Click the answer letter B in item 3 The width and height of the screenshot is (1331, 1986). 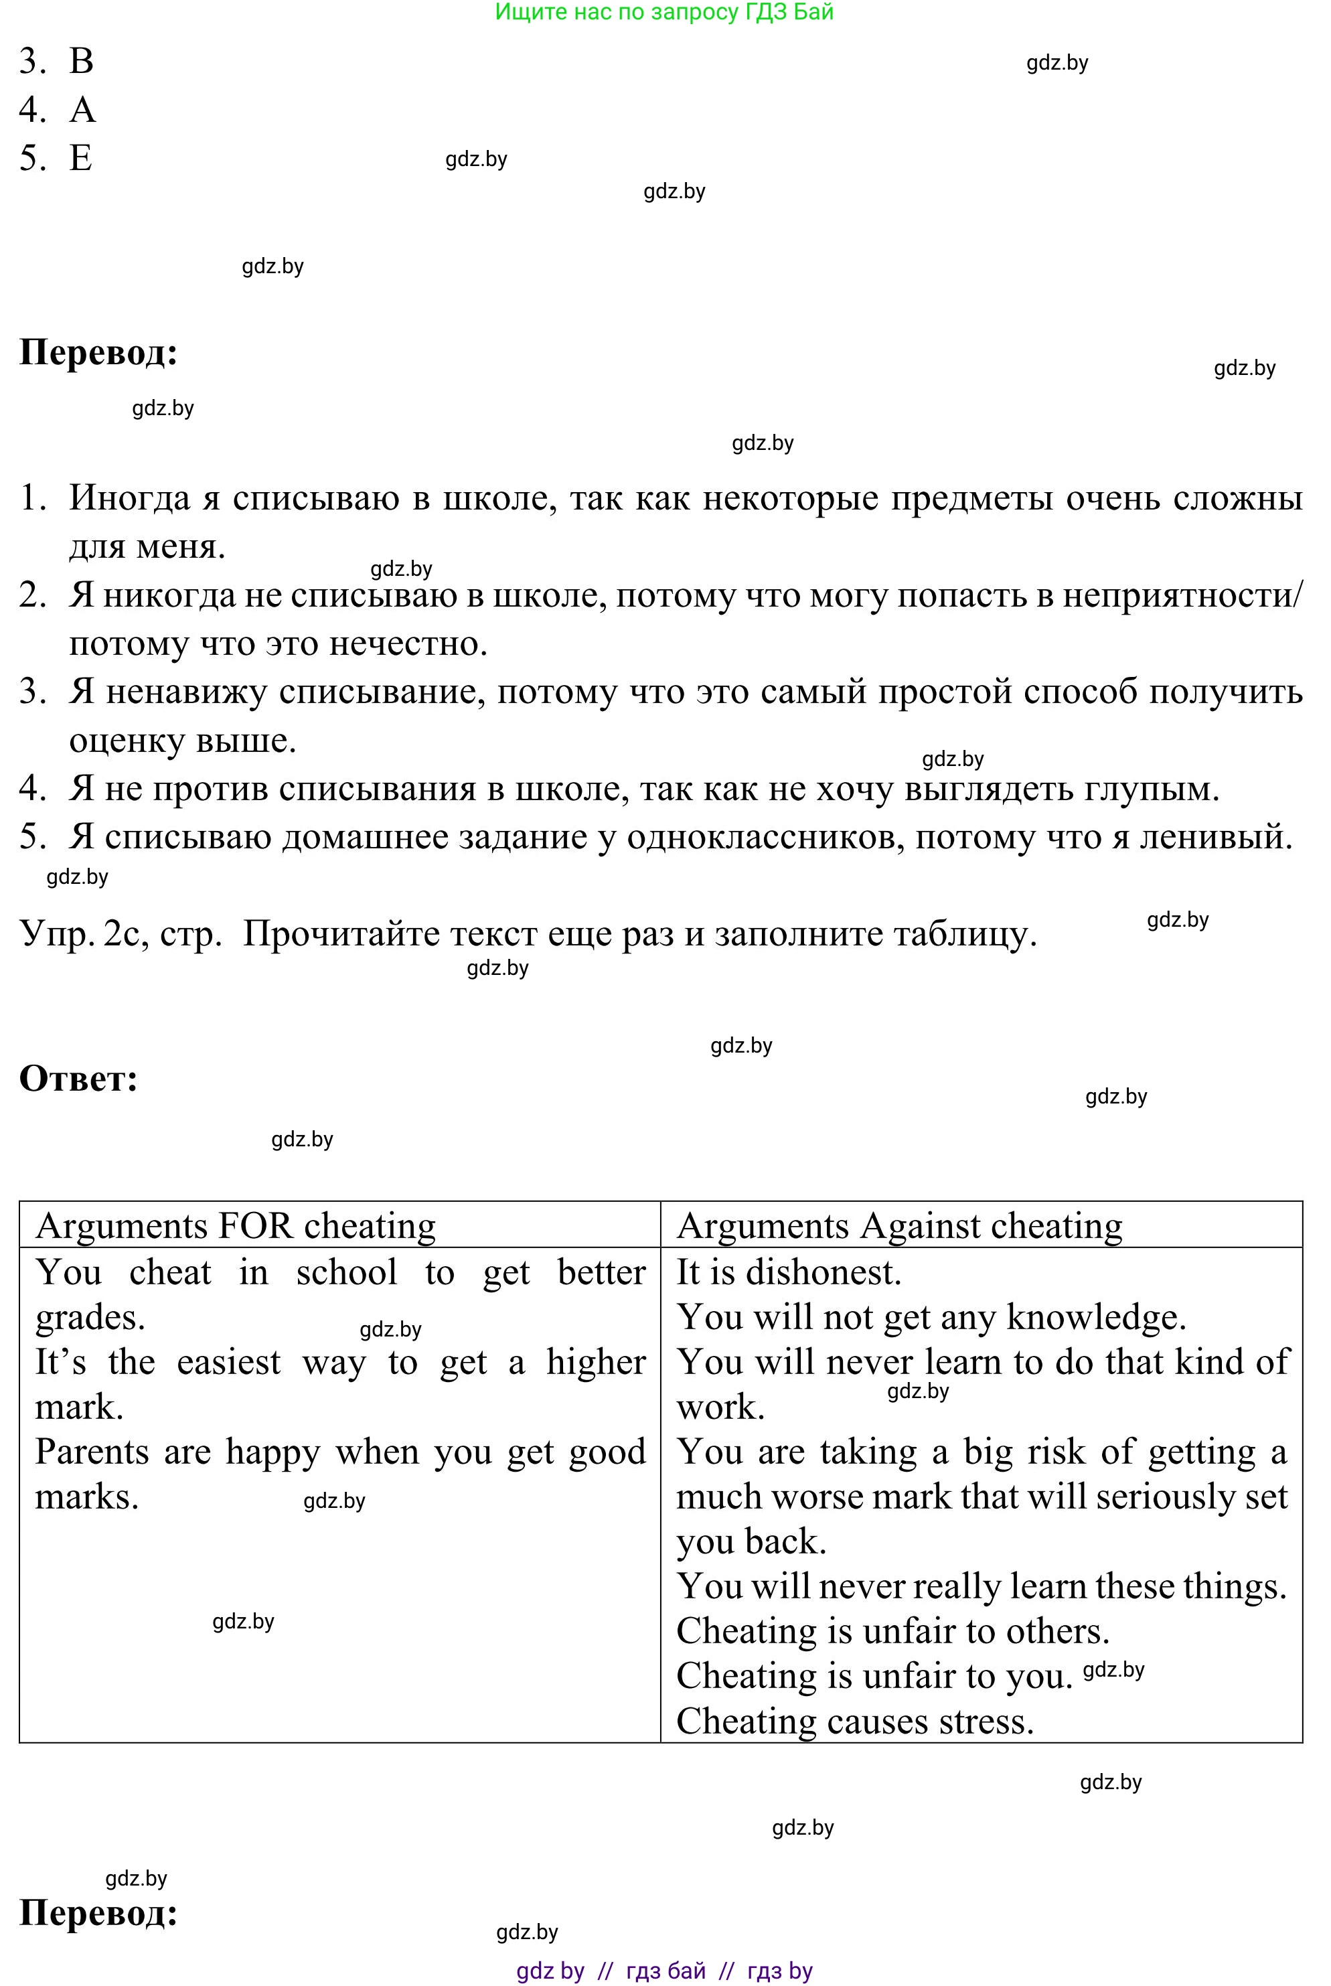point(82,61)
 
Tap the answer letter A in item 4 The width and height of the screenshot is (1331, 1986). point(82,110)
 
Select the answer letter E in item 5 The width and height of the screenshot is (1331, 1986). point(80,158)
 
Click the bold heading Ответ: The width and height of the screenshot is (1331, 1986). point(78,1079)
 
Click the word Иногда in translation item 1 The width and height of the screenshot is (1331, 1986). point(129,498)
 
